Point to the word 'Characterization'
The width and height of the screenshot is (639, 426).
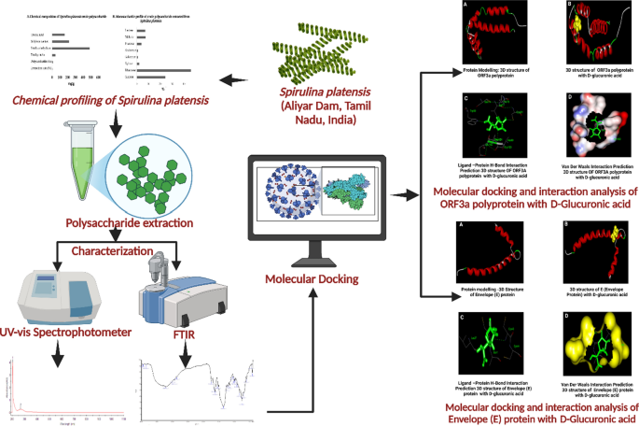tap(114, 252)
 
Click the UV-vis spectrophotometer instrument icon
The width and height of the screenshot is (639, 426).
tap(51, 294)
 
